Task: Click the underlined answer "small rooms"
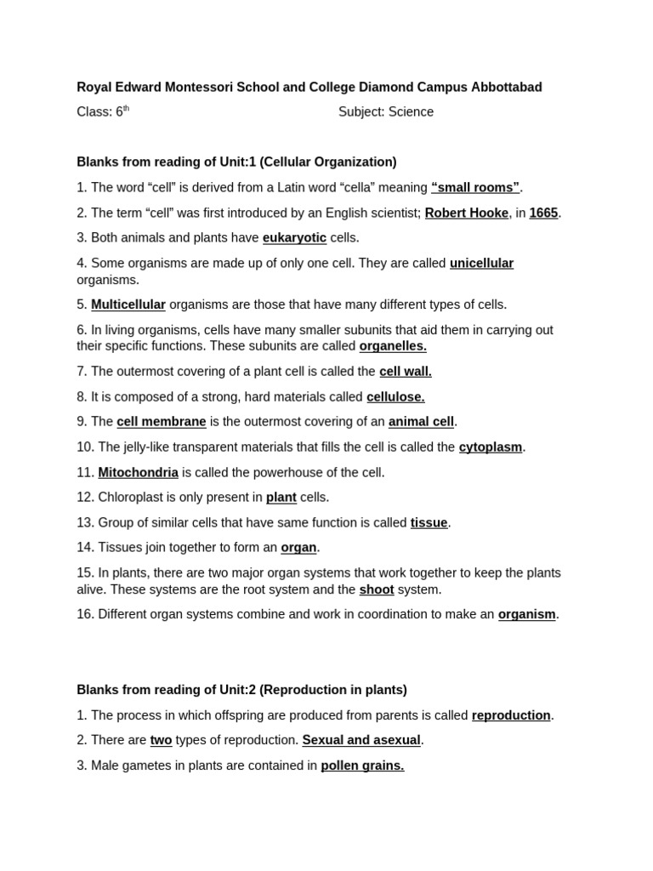pos(475,187)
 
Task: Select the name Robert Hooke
pos(466,213)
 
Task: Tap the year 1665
pos(543,213)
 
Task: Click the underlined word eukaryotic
pos(294,237)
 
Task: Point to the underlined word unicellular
pos(481,263)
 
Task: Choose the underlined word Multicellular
pos(128,305)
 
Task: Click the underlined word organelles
pos(393,346)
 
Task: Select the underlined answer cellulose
pos(395,396)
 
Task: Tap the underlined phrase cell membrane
pos(162,421)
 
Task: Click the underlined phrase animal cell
pos(421,421)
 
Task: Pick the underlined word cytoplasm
pos(491,447)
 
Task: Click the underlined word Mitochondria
pos(138,472)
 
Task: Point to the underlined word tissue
pos(429,522)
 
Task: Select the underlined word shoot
pos(377,589)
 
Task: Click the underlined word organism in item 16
pos(526,614)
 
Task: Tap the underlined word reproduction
pos(511,715)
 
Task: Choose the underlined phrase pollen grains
pos(362,766)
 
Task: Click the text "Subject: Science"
pos(386,112)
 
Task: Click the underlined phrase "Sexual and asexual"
pos(361,740)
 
